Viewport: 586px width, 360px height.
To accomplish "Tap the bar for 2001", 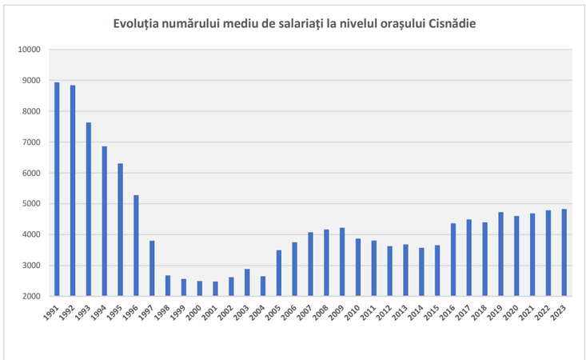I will coord(215,289).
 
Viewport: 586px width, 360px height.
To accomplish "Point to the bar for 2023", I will coord(564,252).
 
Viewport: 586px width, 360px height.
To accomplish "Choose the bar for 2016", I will coord(453,259).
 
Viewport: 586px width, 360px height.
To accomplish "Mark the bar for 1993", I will coord(89,209).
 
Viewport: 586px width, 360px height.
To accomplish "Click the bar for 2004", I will coord(263,286).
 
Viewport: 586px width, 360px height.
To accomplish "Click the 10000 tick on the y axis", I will coord(29,50).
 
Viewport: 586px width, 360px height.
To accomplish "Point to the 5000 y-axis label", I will coord(31,204).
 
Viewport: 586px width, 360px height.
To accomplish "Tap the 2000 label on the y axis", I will coord(31,297).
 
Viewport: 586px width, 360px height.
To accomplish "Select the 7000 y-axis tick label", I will coord(31,142).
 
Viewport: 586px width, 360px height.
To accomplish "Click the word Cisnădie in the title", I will coord(452,22).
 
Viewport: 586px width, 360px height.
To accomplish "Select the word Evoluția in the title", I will coord(141,22).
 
